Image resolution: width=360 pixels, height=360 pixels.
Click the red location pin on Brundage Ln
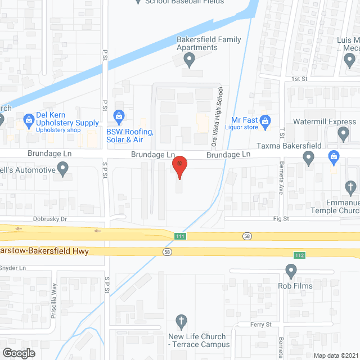click(179, 165)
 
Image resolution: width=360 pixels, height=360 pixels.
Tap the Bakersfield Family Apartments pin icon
click(190, 59)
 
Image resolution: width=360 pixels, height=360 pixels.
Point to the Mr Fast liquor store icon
click(267, 120)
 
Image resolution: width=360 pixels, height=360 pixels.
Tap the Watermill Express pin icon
click(344, 134)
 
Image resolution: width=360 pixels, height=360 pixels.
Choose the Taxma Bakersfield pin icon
click(308, 159)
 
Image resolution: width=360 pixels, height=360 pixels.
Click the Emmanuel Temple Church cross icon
click(350, 186)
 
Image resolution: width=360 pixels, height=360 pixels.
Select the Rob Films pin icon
click(291, 272)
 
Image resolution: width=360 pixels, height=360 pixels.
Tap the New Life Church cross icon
click(181, 322)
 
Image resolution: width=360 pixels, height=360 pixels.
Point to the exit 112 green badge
click(298, 255)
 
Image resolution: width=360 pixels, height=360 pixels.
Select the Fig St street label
click(281, 218)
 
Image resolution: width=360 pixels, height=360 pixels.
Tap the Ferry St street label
click(261, 325)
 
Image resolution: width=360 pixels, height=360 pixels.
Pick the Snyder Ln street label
click(13, 268)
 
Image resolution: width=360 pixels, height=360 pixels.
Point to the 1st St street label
click(299, 79)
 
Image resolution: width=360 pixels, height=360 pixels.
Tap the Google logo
click(18, 353)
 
